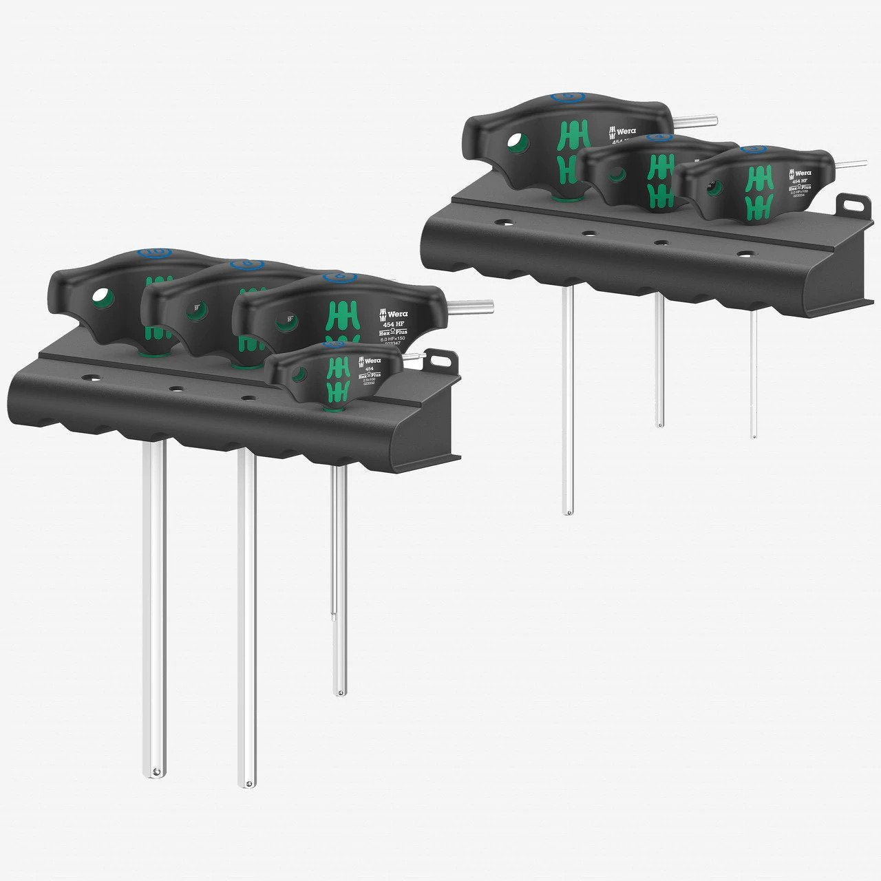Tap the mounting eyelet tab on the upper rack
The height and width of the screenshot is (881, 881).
850,204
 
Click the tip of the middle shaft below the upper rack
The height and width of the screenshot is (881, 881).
659,423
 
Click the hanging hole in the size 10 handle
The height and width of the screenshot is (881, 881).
101,297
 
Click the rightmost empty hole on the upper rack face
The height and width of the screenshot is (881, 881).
743,254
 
